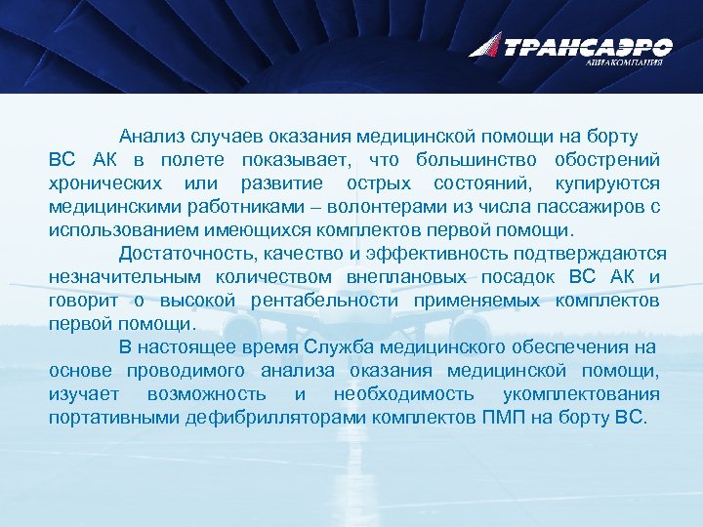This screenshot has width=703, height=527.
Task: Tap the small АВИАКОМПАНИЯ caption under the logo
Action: [x=624, y=61]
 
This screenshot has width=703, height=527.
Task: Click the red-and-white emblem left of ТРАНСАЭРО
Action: [x=485, y=44]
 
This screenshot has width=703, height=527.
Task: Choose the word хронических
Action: [x=106, y=183]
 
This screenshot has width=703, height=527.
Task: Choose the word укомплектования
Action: [x=580, y=394]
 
